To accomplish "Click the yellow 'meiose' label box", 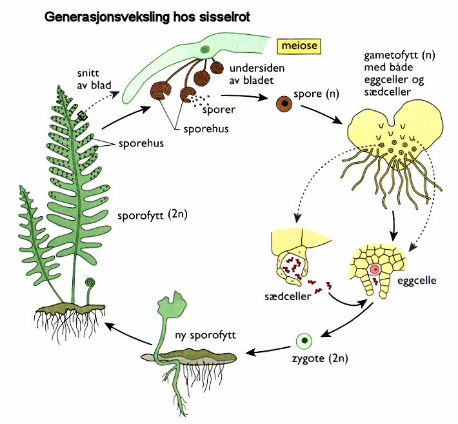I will point(299,46).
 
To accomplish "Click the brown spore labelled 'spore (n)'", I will point(283,103).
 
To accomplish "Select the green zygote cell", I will point(303,341).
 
